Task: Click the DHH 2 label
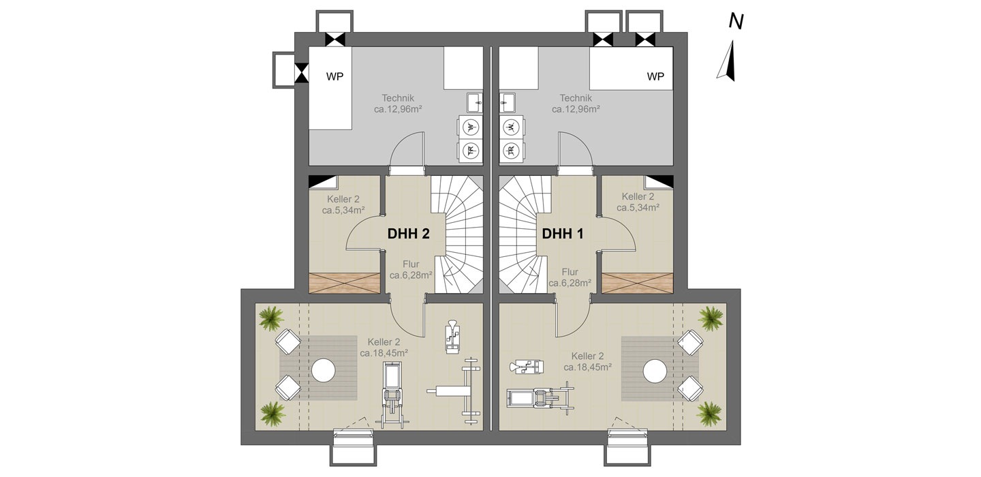408,234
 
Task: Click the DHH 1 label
562,234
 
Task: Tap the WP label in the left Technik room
334,76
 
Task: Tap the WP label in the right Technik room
655,76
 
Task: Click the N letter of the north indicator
736,22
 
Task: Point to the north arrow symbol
727,61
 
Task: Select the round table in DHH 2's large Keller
323,370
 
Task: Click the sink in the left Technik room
474,103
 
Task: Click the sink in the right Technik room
507,103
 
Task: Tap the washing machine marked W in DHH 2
470,127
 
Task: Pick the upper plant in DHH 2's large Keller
271,318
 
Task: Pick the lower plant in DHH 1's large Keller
709,413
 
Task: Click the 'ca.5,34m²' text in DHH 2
343,211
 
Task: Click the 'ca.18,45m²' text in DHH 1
587,367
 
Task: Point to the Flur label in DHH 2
411,264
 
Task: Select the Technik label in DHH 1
576,98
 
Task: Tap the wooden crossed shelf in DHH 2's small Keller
344,283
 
